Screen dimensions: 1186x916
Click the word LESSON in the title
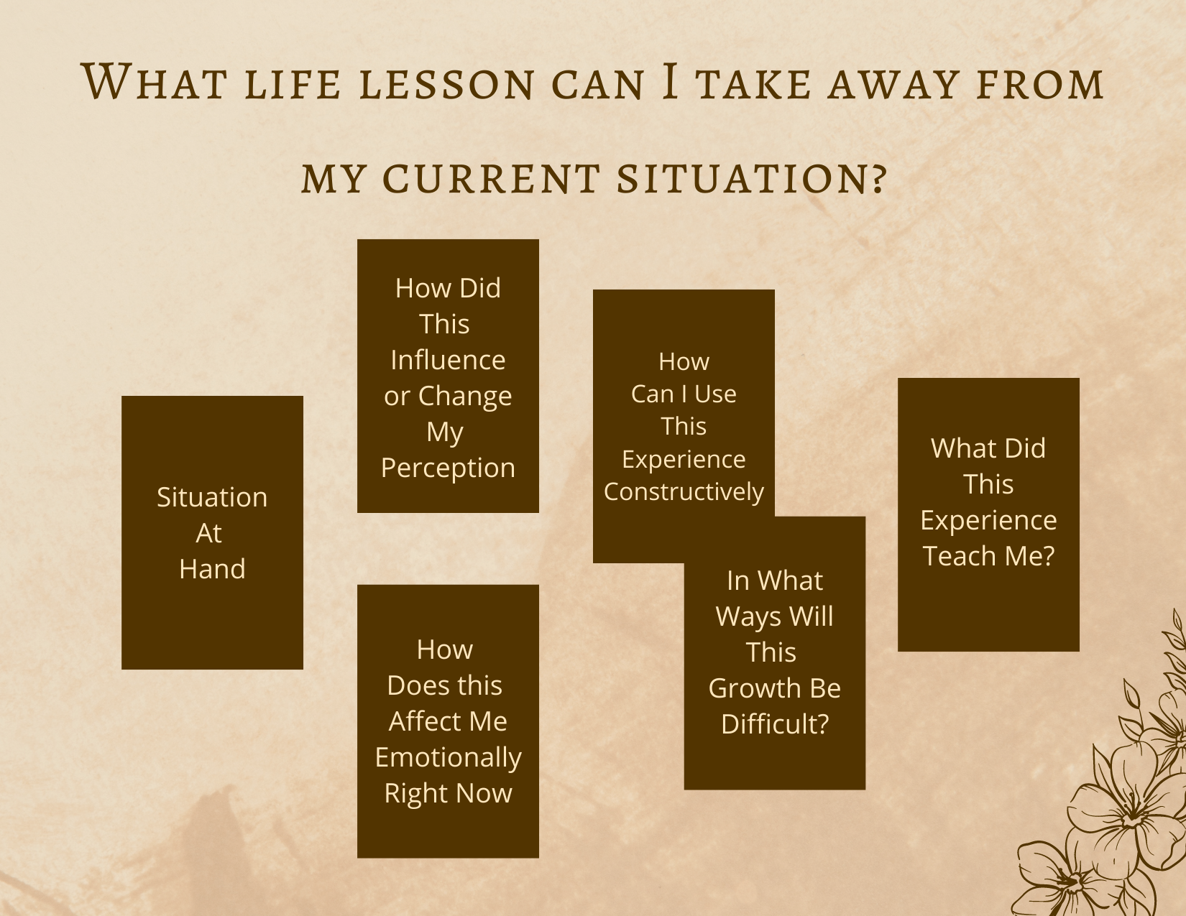pos(446,85)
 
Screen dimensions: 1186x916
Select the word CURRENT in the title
pos(491,179)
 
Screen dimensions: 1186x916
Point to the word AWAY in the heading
pos(893,85)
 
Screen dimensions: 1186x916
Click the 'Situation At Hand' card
pos(212,532)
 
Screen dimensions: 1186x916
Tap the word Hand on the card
pos(212,569)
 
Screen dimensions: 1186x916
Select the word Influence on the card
pos(448,360)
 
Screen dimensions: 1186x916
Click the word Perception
pos(448,468)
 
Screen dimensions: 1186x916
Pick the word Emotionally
pos(448,758)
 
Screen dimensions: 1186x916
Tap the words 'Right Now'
pos(448,793)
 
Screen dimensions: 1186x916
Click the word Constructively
pos(684,491)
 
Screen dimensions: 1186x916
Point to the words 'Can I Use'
pos(684,394)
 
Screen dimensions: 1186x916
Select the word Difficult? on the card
pos(775,724)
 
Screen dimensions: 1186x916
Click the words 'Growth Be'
pos(775,688)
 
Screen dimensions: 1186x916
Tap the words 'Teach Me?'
pos(988,556)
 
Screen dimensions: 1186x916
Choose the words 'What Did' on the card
pos(988,448)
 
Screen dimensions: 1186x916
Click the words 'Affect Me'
pos(448,721)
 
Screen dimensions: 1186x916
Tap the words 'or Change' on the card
pos(448,396)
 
